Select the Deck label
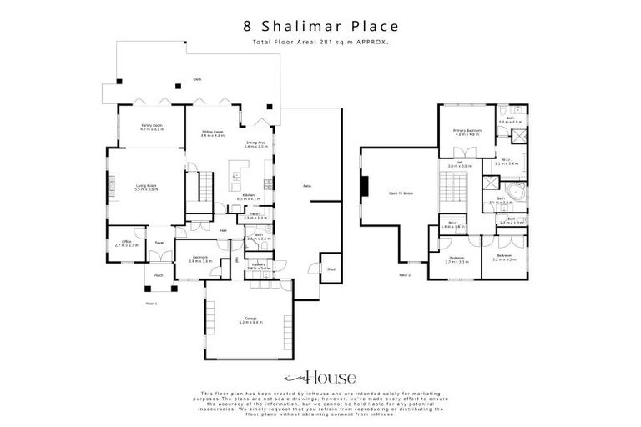[198, 79]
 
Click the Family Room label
[151, 127]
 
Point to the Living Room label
[146, 188]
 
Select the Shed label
[331, 269]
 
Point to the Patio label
[306, 185]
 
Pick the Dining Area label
[255, 144]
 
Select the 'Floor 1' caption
[150, 303]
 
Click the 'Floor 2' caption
[405, 274]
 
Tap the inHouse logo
[320, 375]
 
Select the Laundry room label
[255, 266]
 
